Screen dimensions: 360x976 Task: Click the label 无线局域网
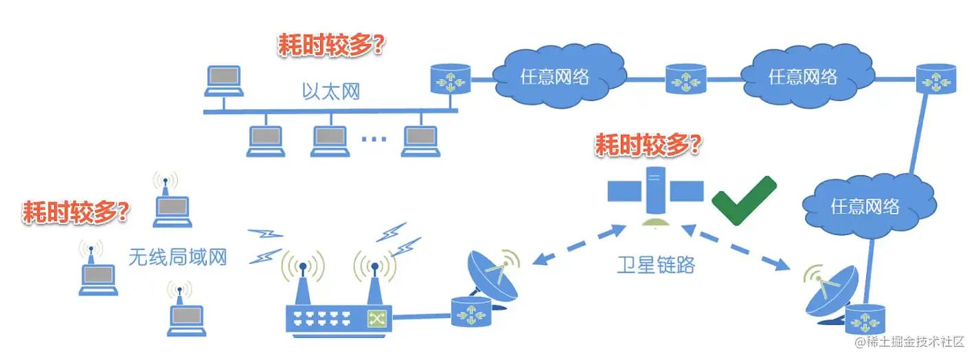[x=177, y=256]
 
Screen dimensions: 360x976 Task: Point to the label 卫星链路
[x=657, y=264]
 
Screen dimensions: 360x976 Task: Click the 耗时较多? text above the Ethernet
[x=330, y=46]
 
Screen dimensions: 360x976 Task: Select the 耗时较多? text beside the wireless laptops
[x=76, y=212]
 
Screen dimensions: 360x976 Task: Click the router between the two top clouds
[x=685, y=79]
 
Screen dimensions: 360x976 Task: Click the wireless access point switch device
[x=337, y=317]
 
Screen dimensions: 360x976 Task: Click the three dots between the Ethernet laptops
[x=374, y=139]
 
